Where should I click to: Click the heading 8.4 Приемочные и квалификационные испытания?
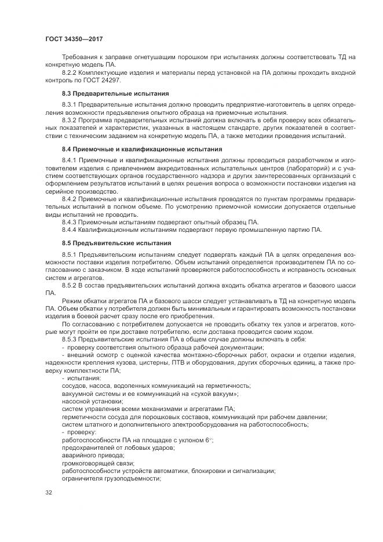pyautogui.click(x=141, y=149)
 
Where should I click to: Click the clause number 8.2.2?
pyautogui.click(x=70, y=72)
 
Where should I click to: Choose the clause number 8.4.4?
pyautogui.click(x=70, y=229)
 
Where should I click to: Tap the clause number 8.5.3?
pyautogui.click(x=70, y=339)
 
